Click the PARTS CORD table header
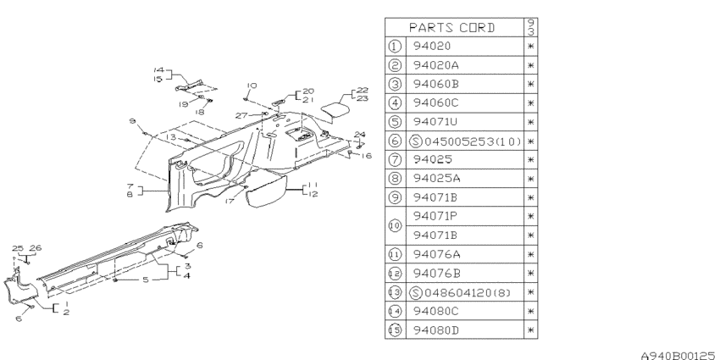pos(451,28)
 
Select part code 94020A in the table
pos(435,65)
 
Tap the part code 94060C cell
pos(435,102)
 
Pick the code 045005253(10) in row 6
pos(473,141)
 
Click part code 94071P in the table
pos(435,216)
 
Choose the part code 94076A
pos(436,254)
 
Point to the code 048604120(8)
pos(468,292)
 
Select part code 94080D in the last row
pos(435,330)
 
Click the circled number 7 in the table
pos(395,159)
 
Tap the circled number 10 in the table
pos(395,225)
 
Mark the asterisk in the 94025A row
pos(531,179)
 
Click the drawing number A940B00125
pos(678,355)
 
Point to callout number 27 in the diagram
pos(241,115)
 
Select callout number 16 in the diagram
pos(366,156)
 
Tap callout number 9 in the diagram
pos(133,121)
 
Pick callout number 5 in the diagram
pos(146,280)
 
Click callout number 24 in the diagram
pos(359,135)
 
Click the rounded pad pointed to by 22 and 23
pos(334,109)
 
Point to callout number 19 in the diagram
pos(184,104)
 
